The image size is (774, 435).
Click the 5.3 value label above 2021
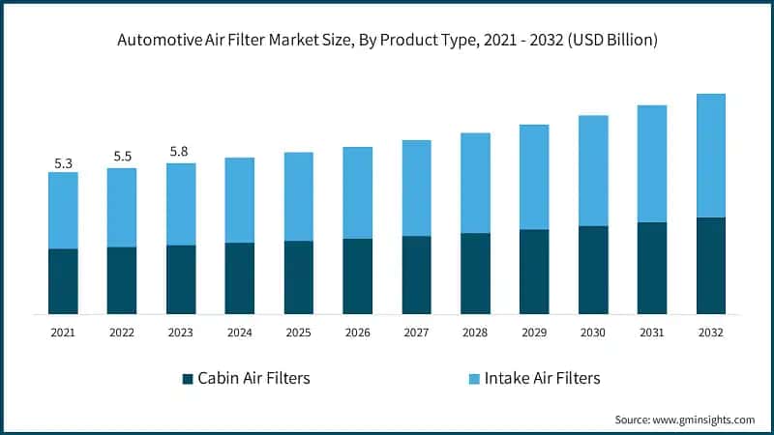point(63,163)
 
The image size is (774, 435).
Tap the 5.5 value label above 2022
point(122,156)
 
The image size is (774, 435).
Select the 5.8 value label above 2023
point(181,152)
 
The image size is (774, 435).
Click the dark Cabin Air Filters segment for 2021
point(63,281)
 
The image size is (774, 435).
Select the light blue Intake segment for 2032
point(710,156)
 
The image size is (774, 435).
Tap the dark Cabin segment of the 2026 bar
point(357,276)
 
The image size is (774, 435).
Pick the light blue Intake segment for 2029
point(534,177)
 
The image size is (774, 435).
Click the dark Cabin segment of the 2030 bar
point(593,270)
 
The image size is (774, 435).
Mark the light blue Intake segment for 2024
point(239,200)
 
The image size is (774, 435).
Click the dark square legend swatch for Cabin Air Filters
point(188,378)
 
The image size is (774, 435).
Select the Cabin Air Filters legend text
point(253,378)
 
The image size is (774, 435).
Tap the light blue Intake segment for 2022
point(122,208)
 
